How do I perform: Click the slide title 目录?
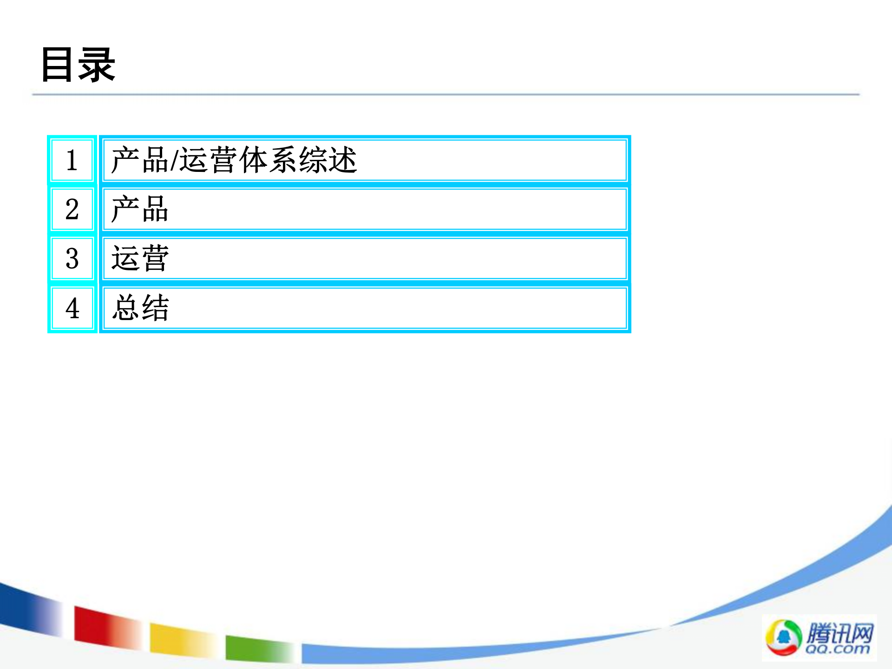pyautogui.click(x=78, y=65)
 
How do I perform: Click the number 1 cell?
pyautogui.click(x=72, y=160)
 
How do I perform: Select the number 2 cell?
pyautogui.click(x=72, y=210)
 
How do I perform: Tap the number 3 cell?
pyautogui.click(x=72, y=259)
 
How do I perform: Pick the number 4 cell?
pyautogui.click(x=72, y=308)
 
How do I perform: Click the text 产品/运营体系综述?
pyautogui.click(x=234, y=160)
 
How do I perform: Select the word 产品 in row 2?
pyautogui.click(x=139, y=210)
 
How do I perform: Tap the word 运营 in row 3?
pyautogui.click(x=139, y=259)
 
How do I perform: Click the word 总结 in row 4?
pyautogui.click(x=140, y=308)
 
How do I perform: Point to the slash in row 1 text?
pyautogui.click(x=174, y=160)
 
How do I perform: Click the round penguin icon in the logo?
pyautogui.click(x=783, y=637)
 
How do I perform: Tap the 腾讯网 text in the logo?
pyautogui.click(x=840, y=633)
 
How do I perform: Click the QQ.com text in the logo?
pyautogui.click(x=837, y=649)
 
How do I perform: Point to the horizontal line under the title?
pyautogui.click(x=446, y=94)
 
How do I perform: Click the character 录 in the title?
pyautogui.click(x=97, y=65)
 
